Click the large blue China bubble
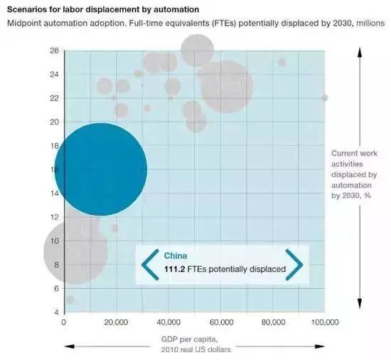coord(100,169)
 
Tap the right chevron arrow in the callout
coord(294,265)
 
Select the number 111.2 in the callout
coord(177,270)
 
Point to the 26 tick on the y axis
coord(54,51)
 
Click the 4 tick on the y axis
coord(56,312)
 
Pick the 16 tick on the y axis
coord(54,169)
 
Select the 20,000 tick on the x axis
coord(116,322)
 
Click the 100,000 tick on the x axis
coord(324,322)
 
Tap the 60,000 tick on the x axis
coord(220,322)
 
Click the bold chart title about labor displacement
coord(103,10)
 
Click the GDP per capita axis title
coord(195,343)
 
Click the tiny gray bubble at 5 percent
coord(70,300)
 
